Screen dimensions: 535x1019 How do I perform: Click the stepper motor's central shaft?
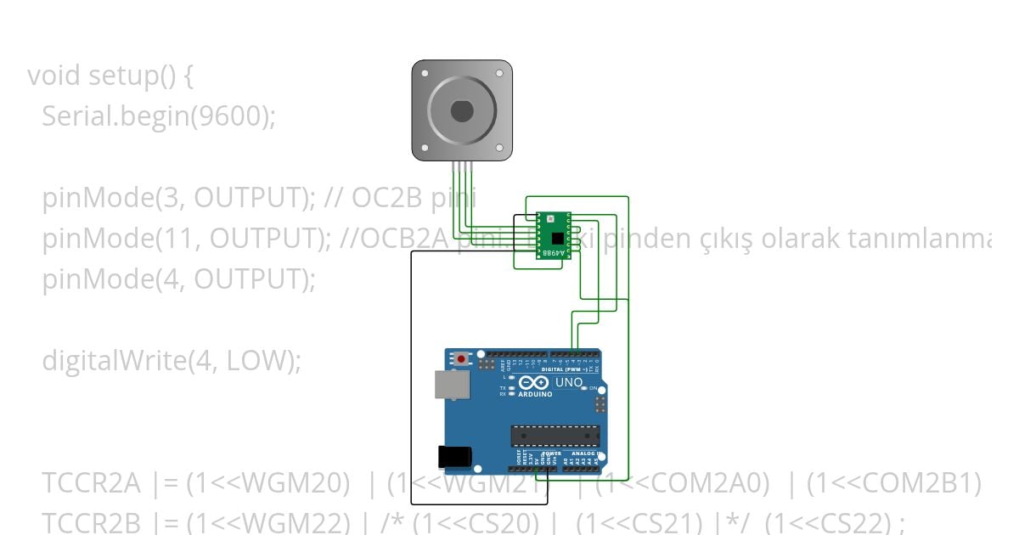pos(462,111)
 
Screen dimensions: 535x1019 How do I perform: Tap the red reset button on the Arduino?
pos(461,358)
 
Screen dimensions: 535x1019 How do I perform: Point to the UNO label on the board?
pos(569,383)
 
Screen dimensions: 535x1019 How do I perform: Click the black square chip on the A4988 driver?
pos(556,238)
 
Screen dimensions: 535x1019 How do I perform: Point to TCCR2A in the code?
pos(92,483)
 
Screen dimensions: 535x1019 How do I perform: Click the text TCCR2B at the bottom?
pos(92,522)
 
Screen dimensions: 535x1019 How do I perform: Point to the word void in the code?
pos(55,76)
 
